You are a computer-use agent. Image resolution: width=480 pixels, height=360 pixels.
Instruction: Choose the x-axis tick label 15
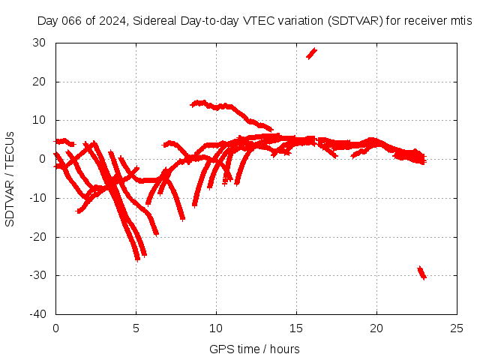tap(296, 328)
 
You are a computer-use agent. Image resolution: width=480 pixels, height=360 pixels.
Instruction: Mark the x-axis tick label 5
tap(136, 328)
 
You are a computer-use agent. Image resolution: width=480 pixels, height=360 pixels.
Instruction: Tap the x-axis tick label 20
tap(376, 328)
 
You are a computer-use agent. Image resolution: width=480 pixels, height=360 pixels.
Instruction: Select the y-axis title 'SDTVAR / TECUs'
tap(10, 178)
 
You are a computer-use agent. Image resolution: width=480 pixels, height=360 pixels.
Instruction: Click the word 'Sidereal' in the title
tap(154, 21)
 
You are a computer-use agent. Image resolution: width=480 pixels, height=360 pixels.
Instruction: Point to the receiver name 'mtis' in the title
tap(460, 21)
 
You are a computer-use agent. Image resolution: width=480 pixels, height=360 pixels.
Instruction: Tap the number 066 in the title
tap(71, 21)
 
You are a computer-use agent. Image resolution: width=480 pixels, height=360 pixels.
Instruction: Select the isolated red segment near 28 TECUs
tap(311, 52)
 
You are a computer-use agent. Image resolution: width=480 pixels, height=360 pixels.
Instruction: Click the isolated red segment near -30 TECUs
tap(421, 272)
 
